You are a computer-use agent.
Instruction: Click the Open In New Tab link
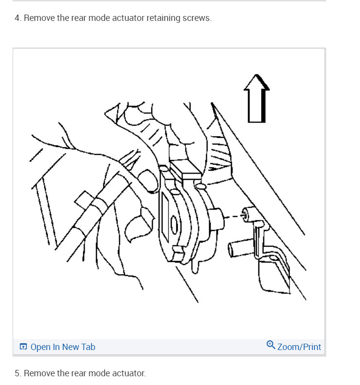pyautogui.click(x=62, y=347)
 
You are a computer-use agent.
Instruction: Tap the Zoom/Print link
pyautogui.click(x=299, y=347)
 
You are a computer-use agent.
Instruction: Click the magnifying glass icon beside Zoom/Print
pyautogui.click(x=270, y=345)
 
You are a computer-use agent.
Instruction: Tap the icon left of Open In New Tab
pyautogui.click(x=23, y=347)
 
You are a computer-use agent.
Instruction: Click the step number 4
pyautogui.click(x=18, y=18)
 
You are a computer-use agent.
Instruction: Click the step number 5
pyautogui.click(x=18, y=373)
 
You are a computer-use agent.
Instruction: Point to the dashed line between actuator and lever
pyautogui.click(x=234, y=215)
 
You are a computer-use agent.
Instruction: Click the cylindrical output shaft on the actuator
pyautogui.click(x=216, y=217)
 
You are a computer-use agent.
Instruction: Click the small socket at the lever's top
pyautogui.click(x=250, y=213)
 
